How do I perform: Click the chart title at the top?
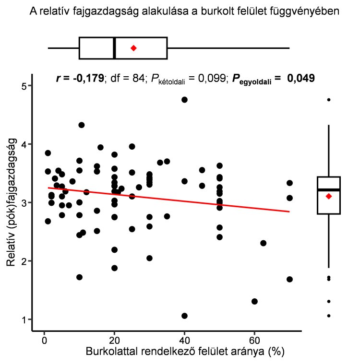pos(185,11)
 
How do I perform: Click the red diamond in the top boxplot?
pos(133,48)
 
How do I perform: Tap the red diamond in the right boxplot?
pos(328,196)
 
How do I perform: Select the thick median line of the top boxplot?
pos(114,48)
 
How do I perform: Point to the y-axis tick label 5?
pos(23,86)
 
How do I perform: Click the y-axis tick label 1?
pos(23,319)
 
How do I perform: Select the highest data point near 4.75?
pos(184,100)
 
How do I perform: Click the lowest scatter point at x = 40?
pos(184,316)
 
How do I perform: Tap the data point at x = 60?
pos(254,301)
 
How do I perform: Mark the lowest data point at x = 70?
pos(289,279)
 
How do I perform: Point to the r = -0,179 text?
pos(80,79)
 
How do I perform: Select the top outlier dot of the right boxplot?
pos(328,100)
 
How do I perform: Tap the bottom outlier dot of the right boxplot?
pos(328,316)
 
